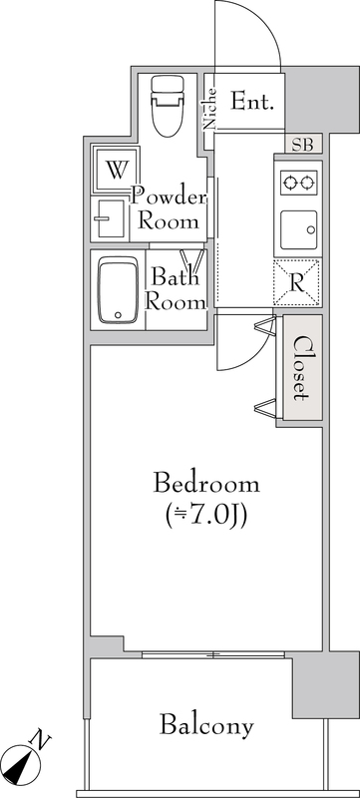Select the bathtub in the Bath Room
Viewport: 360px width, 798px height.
pyautogui.click(x=118, y=290)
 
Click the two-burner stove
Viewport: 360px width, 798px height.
pyautogui.click(x=296, y=182)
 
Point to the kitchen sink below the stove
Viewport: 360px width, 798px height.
pyautogui.click(x=297, y=230)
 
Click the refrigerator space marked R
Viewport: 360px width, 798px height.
pyautogui.click(x=297, y=281)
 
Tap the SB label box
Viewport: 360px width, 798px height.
pyautogui.click(x=302, y=146)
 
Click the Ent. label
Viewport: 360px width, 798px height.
pyautogui.click(x=253, y=101)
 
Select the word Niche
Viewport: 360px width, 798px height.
pyautogui.click(x=210, y=110)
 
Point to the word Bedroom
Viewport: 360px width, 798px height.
pyautogui.click(x=206, y=485)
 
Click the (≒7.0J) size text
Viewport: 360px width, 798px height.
pyautogui.click(x=206, y=515)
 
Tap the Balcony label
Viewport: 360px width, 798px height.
pyautogui.click(x=207, y=725)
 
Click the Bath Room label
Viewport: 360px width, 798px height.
pyautogui.click(x=177, y=289)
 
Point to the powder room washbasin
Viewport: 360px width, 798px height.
pyautogui.click(x=106, y=214)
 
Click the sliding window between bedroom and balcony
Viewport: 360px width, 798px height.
pyautogui.click(x=214, y=654)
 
